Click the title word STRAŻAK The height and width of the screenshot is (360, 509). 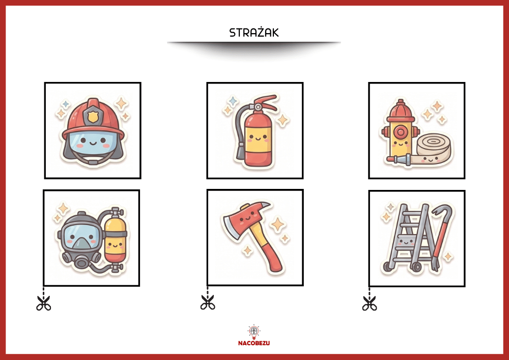pyautogui.click(x=254, y=33)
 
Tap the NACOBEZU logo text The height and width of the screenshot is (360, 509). pyautogui.click(x=254, y=343)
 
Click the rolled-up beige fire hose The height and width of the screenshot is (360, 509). pyautogui.click(x=434, y=148)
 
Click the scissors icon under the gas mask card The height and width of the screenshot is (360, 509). pyautogui.click(x=43, y=303)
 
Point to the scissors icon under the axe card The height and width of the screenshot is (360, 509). pyautogui.click(x=208, y=302)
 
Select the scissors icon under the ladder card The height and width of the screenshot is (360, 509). pyautogui.click(x=370, y=303)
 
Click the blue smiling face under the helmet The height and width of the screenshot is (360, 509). pyautogui.click(x=93, y=144)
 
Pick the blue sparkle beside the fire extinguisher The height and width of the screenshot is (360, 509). pyautogui.click(x=233, y=101)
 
